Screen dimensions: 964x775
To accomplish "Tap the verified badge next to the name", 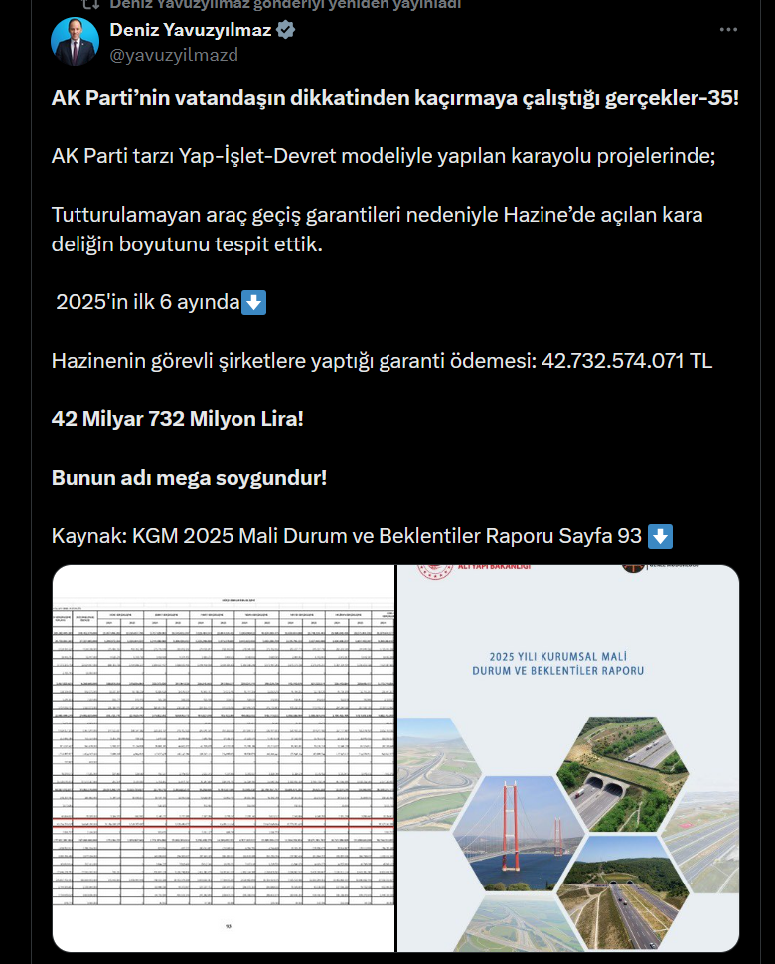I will coord(286,30).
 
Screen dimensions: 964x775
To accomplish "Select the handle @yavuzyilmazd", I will coord(174,55).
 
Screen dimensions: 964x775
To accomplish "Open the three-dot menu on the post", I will coord(729,30).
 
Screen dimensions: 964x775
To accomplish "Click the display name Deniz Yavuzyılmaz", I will coord(190,30).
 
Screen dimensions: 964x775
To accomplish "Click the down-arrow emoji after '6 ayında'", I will coord(254,302).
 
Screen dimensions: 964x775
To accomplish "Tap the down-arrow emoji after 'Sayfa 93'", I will coord(660,536).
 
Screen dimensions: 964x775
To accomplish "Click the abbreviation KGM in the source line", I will coord(155,537).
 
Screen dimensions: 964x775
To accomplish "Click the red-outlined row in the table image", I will coord(224,824).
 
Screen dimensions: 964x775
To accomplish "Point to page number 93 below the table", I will coord(229,926).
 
